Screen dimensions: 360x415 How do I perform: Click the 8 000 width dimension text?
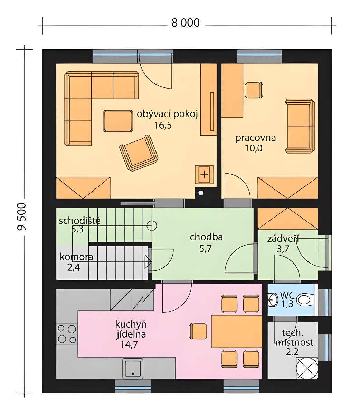pos(186,23)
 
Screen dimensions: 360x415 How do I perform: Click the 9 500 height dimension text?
pos(21,216)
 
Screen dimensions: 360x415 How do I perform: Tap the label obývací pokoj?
pos(167,114)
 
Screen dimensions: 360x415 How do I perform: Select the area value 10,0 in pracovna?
pos(254,148)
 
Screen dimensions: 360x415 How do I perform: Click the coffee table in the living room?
pos(118,121)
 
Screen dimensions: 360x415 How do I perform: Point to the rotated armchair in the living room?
pos(139,153)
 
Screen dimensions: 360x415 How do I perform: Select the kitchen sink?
pos(133,369)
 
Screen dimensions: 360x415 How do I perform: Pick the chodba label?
pos(206,237)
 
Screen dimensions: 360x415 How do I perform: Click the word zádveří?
pos(283,239)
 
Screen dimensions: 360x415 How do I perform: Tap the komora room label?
pos(76,257)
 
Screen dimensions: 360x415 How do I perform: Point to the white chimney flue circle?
pos(201,193)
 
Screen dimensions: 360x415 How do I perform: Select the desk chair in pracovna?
pos(254,90)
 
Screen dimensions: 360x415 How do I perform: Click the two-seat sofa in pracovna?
pos(300,126)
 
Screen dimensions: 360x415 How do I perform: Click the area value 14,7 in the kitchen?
pos(129,344)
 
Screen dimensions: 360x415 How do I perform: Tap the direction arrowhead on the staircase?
pos(148,262)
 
